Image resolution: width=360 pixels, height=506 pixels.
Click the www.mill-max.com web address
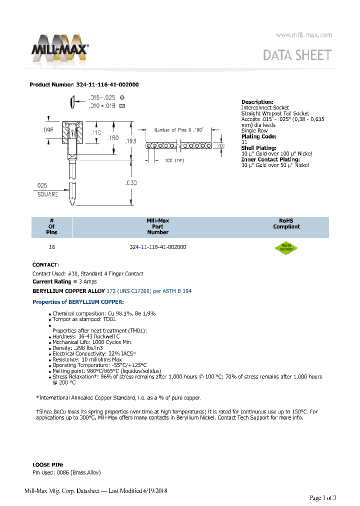pyautogui.click(x=304, y=35)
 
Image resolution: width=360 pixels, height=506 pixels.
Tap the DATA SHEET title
pyautogui.click(x=297, y=55)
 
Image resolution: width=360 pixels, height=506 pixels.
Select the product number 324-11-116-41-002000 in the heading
pyautogui.click(x=107, y=84)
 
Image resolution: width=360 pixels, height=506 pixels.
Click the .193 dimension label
pyautogui.click(x=130, y=141)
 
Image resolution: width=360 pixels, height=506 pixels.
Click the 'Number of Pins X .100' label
pyautogui.click(x=179, y=130)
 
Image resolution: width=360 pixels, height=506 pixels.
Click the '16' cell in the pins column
pyautogui.click(x=52, y=247)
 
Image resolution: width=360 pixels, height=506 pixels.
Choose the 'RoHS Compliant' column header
pyautogui.click(x=286, y=223)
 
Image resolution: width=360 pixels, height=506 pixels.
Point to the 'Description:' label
pyautogui.click(x=257, y=102)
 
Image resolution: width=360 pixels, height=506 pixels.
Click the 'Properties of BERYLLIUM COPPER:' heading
pyautogui.click(x=78, y=302)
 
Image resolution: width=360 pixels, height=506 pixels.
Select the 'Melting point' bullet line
pyautogui.click(x=107, y=370)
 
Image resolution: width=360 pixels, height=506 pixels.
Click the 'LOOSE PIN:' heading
pyautogui.click(x=48, y=464)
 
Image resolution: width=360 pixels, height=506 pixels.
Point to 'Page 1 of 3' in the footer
pyautogui.click(x=323, y=497)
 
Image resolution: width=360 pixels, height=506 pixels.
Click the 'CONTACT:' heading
pyautogui.click(x=45, y=264)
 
